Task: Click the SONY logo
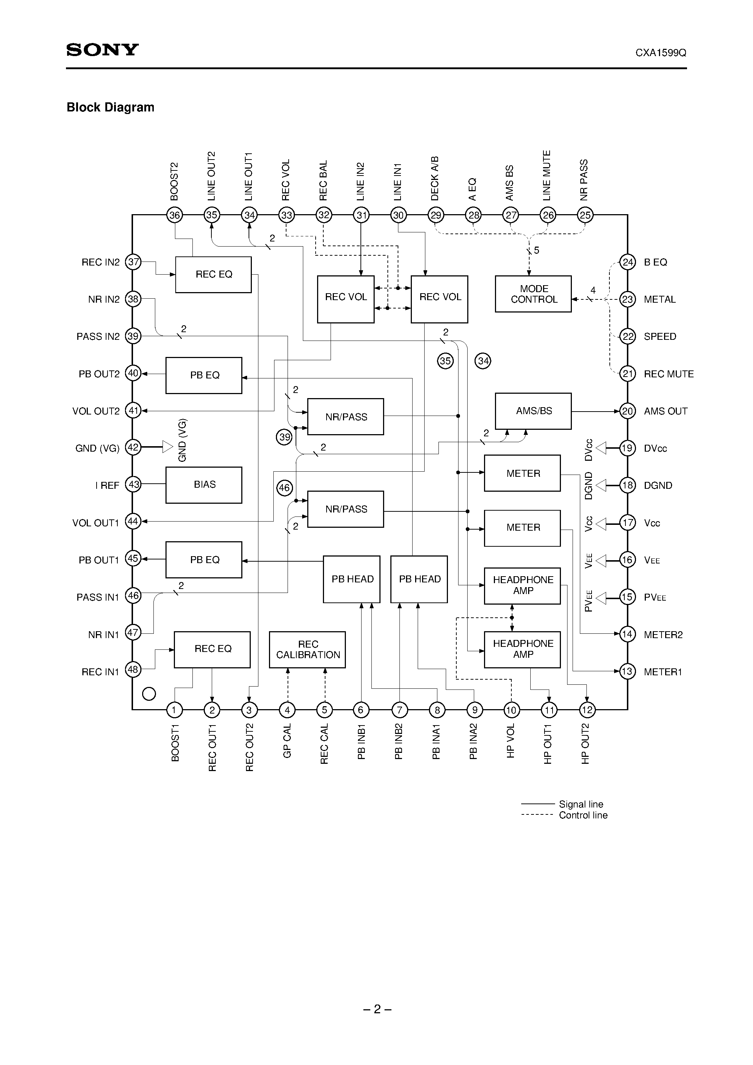pyautogui.click(x=102, y=50)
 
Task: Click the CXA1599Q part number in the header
pyautogui.click(x=661, y=53)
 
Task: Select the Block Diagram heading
pyautogui.click(x=110, y=107)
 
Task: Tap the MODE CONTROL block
pyautogui.click(x=533, y=294)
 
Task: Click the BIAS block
pyautogui.click(x=204, y=485)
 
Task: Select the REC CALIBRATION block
pyautogui.click(x=307, y=649)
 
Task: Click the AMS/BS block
pyautogui.click(x=533, y=411)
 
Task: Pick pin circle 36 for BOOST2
pyautogui.click(x=175, y=215)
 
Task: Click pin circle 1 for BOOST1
pyautogui.click(x=175, y=710)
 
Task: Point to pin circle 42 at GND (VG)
pyautogui.click(x=133, y=447)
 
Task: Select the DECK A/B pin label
pyautogui.click(x=435, y=178)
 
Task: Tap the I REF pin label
pyautogui.click(x=107, y=486)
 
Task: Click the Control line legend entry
pyautogui.click(x=583, y=816)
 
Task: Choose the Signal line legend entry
pyautogui.click(x=580, y=804)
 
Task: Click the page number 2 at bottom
pyautogui.click(x=377, y=1009)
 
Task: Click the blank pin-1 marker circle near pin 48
pyautogui.click(x=149, y=694)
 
